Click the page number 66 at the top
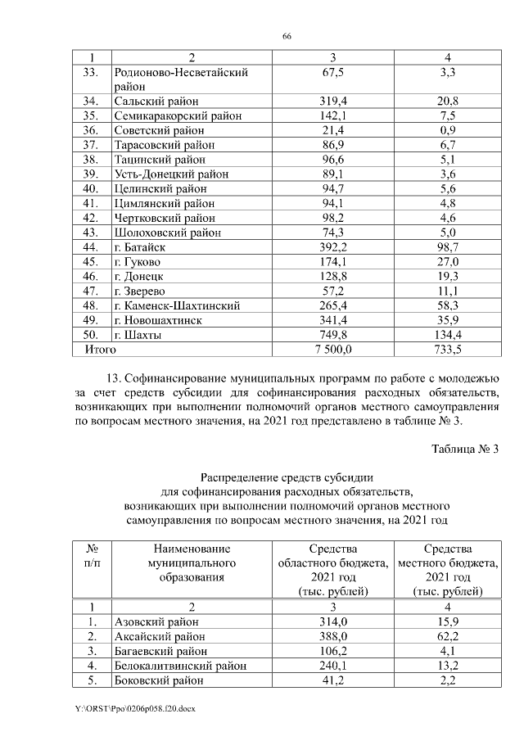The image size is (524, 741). point(287,37)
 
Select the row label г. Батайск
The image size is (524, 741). point(141,247)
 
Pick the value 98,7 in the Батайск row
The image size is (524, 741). point(448,247)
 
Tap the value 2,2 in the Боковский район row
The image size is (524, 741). point(448,680)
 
